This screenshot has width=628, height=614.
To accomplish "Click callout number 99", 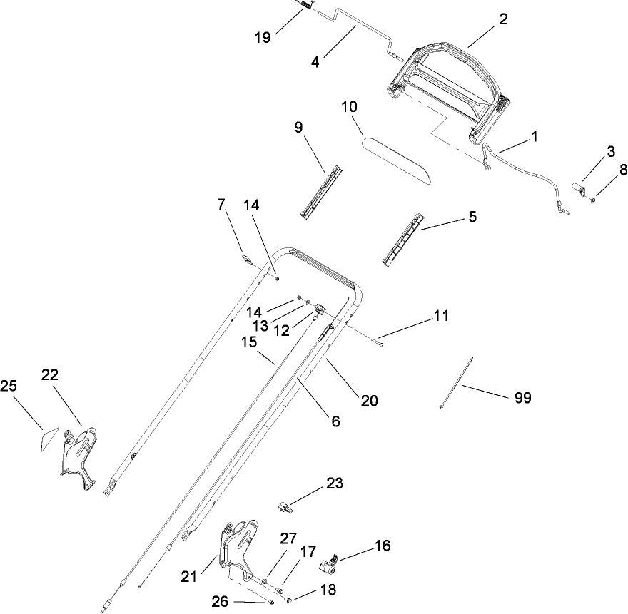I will tap(522, 398).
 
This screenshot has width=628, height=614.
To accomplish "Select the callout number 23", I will tap(335, 483).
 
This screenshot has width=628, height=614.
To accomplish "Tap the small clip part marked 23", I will tap(285, 507).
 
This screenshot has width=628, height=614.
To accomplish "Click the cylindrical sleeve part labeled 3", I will tap(579, 190).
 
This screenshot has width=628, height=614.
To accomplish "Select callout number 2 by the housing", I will tap(503, 19).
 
